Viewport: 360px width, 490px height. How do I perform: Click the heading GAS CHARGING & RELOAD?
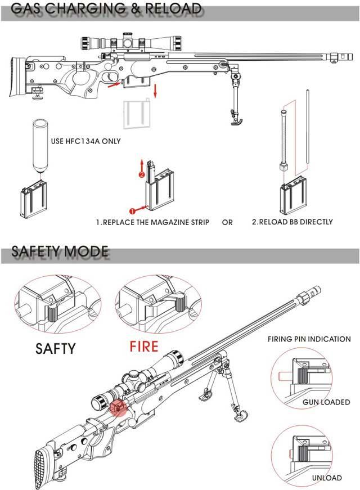tap(106, 10)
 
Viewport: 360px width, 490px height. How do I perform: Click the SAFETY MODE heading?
tap(60, 251)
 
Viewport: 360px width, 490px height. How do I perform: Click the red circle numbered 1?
tap(133, 211)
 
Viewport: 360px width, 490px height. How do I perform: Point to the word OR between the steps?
tap(227, 222)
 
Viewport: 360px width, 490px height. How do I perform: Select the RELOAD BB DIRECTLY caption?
tap(292, 222)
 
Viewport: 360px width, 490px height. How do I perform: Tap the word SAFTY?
tap(55, 348)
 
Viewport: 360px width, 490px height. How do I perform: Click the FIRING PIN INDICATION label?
tap(309, 339)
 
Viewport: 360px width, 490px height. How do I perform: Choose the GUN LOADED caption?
tap(326, 402)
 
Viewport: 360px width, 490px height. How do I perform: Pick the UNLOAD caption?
tap(326, 478)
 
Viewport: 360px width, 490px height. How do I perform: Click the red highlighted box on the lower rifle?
tap(119, 407)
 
